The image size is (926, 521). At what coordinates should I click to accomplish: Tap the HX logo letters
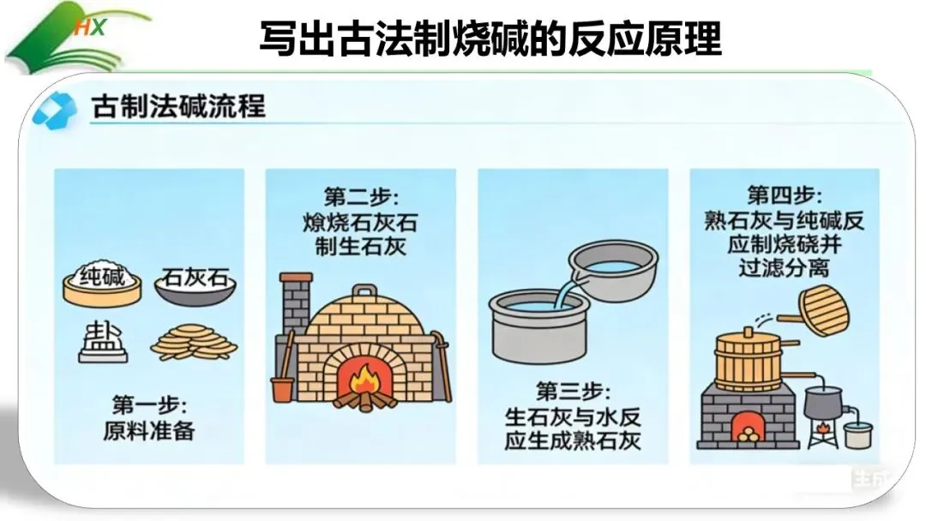pos(89,27)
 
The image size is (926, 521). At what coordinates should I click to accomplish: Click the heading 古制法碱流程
pos(178,106)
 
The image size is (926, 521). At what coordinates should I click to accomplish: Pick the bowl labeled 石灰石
pos(195,286)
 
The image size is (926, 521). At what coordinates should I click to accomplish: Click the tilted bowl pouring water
pos(614,269)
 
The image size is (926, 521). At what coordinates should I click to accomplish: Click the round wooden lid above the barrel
pos(824,310)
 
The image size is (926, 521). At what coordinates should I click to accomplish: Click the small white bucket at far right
pos(857,434)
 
